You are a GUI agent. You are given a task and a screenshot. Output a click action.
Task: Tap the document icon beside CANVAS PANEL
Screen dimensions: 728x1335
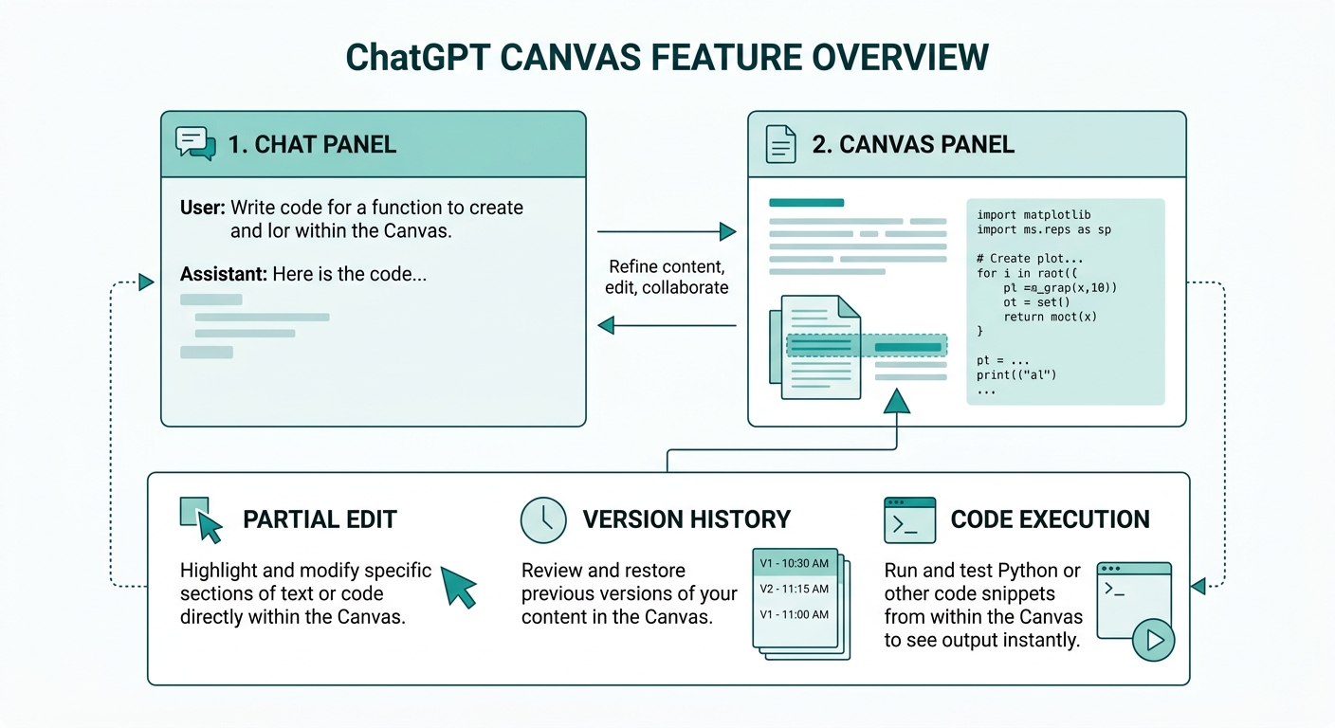pos(780,143)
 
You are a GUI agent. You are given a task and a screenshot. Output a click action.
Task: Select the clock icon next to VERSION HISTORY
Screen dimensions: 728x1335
pos(543,519)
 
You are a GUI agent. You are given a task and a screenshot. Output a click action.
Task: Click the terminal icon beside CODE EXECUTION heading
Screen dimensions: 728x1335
pos(909,519)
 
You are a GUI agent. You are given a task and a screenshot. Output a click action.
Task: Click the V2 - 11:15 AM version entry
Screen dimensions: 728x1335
pos(794,589)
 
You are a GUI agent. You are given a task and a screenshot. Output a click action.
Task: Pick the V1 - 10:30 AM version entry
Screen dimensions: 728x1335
pos(794,563)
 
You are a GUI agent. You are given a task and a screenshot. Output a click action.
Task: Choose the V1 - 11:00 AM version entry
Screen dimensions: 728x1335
pos(794,614)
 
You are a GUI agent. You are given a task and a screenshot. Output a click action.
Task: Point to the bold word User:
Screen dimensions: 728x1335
pos(203,207)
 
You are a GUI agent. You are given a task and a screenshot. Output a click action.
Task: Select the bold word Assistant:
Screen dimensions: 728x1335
pos(224,275)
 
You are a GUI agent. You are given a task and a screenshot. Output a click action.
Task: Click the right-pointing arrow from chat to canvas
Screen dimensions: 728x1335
pos(727,231)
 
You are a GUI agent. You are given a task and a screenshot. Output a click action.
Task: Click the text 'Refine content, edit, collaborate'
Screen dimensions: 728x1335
pos(667,277)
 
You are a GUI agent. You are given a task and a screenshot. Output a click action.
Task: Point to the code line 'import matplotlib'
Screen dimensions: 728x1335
pos(1033,215)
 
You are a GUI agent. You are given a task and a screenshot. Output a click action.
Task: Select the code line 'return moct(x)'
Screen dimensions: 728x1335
pos(1050,317)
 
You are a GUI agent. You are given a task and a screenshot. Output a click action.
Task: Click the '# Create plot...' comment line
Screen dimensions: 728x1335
pos(1030,258)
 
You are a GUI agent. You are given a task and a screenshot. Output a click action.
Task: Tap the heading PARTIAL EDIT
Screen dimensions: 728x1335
pos(320,519)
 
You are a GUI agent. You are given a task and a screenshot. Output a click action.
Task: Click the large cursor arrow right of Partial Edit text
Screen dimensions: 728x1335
pos(459,587)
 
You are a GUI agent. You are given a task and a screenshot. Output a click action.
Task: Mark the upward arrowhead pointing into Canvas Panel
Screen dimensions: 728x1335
pos(897,402)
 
